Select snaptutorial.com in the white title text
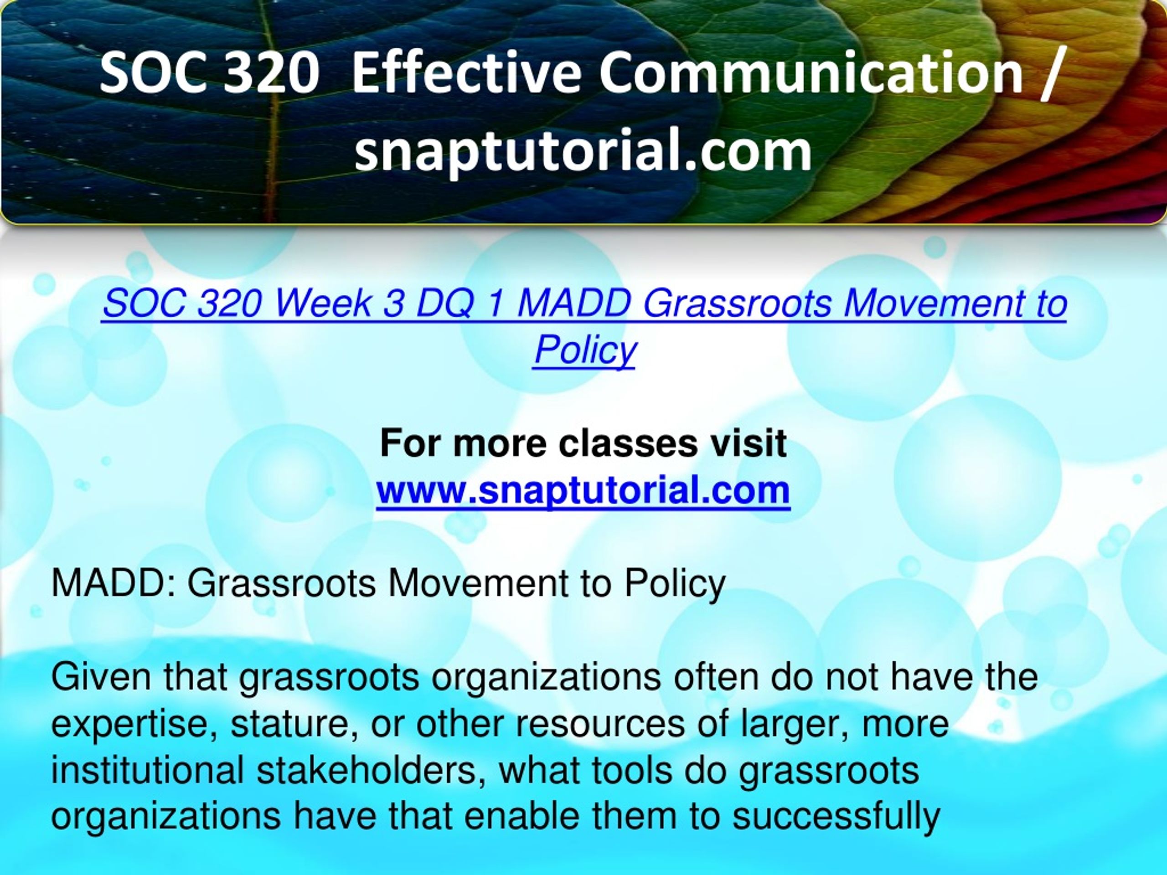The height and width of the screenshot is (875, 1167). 583,151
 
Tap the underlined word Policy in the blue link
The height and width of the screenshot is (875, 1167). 584,350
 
